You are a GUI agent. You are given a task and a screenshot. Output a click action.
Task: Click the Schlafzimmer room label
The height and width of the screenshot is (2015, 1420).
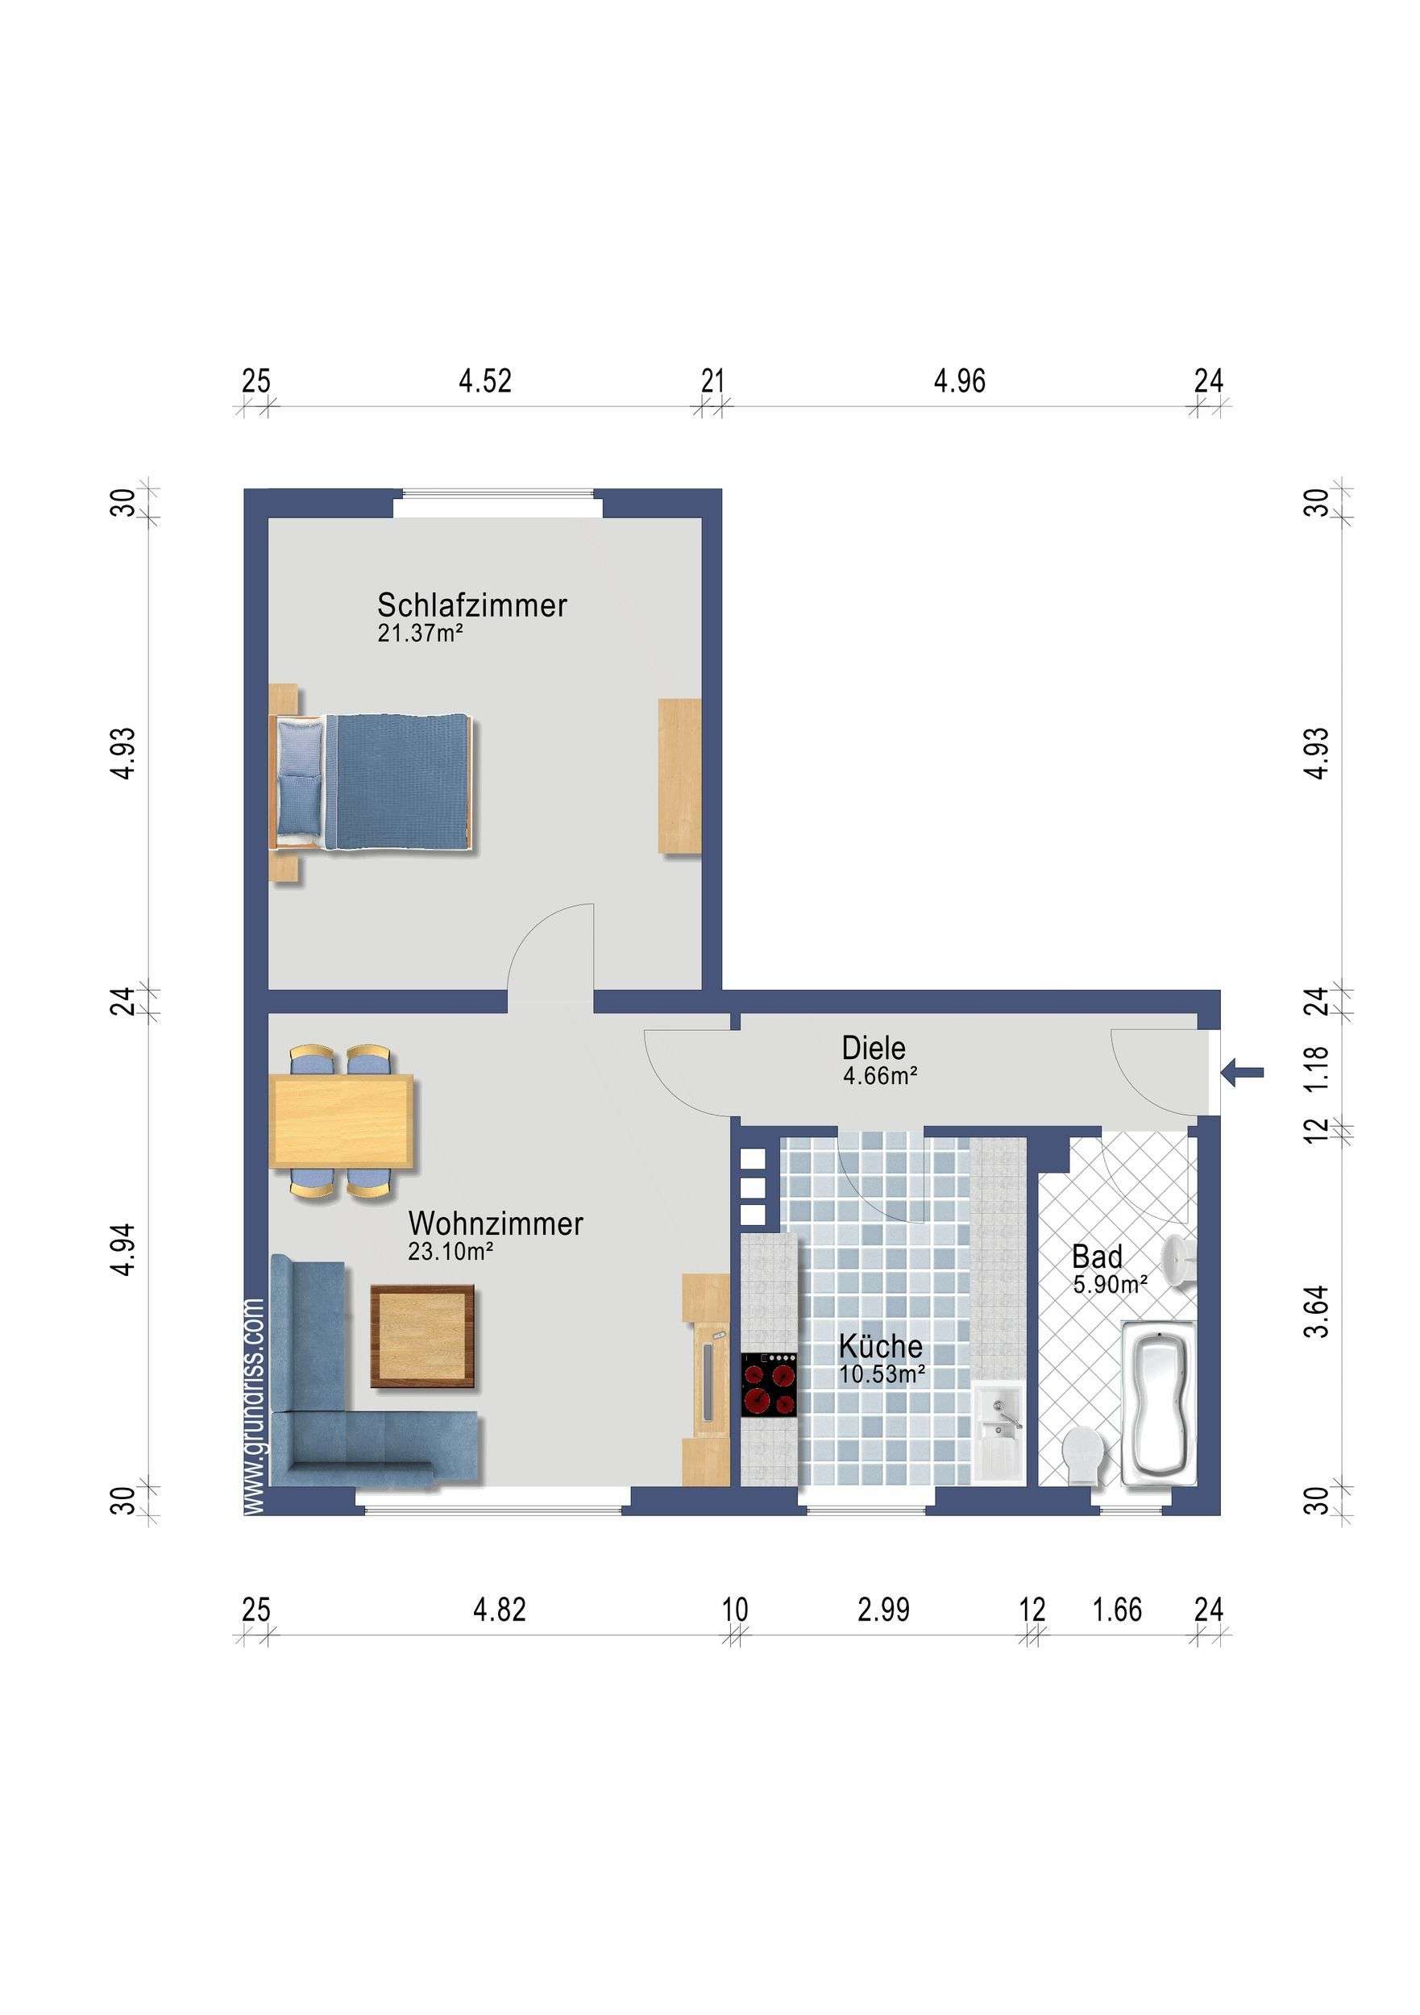click(x=472, y=604)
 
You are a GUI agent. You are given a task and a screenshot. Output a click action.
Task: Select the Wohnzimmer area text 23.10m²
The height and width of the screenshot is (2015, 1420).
click(x=450, y=1252)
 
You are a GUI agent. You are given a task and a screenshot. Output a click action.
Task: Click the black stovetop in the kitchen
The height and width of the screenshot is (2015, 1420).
click(x=769, y=1384)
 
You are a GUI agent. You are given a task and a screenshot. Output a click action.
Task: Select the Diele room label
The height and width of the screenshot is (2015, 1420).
click(x=874, y=1048)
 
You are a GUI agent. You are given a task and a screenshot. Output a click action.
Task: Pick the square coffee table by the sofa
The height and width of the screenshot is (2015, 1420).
click(x=423, y=1336)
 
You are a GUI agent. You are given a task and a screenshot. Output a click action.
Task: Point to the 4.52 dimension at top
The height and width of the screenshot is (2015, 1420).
click(x=484, y=381)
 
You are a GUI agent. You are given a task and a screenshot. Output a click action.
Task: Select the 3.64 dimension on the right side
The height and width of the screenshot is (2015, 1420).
click(x=1316, y=1311)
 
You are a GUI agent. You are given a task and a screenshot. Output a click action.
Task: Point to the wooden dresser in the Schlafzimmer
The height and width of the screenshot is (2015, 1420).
click(x=679, y=776)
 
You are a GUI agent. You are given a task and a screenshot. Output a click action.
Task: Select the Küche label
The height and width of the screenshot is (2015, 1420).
click(x=880, y=1346)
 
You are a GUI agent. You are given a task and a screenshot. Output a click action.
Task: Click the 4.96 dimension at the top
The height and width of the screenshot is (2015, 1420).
click(x=959, y=381)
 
